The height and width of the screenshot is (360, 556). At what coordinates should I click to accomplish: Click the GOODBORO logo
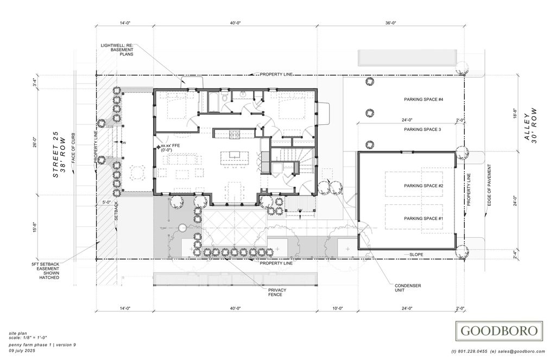(500, 330)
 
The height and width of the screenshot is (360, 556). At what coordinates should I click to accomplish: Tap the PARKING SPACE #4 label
(424, 100)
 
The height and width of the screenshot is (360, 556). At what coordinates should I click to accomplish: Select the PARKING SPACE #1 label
(424, 218)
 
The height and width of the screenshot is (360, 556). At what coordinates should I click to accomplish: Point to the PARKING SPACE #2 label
(424, 186)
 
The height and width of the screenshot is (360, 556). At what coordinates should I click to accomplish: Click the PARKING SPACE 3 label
(422, 130)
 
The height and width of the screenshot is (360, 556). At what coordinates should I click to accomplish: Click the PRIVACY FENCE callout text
(277, 292)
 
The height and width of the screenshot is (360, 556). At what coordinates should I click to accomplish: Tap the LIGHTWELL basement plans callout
(117, 49)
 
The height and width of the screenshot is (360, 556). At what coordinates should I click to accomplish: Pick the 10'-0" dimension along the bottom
(338, 308)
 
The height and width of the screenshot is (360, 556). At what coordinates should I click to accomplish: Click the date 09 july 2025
(26, 350)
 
